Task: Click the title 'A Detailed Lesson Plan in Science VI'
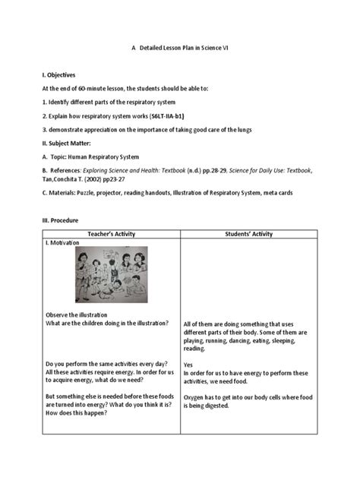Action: coord(179,47)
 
